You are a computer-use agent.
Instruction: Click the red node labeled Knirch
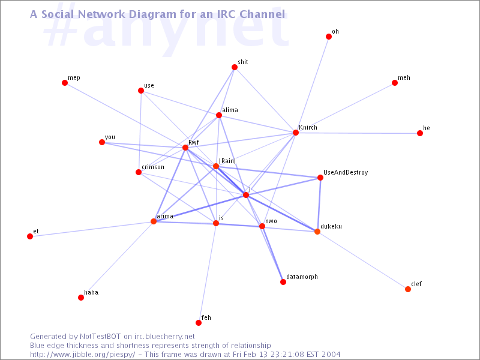click(296, 133)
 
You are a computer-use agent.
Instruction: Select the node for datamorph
click(283, 282)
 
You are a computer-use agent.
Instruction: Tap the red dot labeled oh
click(329, 37)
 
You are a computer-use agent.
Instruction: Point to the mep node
click(65, 83)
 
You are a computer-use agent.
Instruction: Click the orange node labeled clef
click(408, 289)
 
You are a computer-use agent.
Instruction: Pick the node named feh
click(199, 323)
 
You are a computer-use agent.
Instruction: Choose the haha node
click(81, 298)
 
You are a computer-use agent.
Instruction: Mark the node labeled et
click(30, 236)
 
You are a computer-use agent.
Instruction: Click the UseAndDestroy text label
click(346, 173)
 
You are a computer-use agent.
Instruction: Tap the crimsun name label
click(153, 167)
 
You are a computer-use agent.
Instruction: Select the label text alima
click(230, 110)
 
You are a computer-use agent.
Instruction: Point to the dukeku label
click(331, 227)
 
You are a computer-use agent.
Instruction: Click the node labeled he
click(420, 133)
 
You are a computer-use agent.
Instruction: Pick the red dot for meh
click(395, 83)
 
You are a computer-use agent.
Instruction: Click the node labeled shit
click(235, 67)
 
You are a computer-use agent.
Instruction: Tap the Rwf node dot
click(185, 148)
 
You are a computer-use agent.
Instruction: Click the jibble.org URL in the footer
click(83, 355)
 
